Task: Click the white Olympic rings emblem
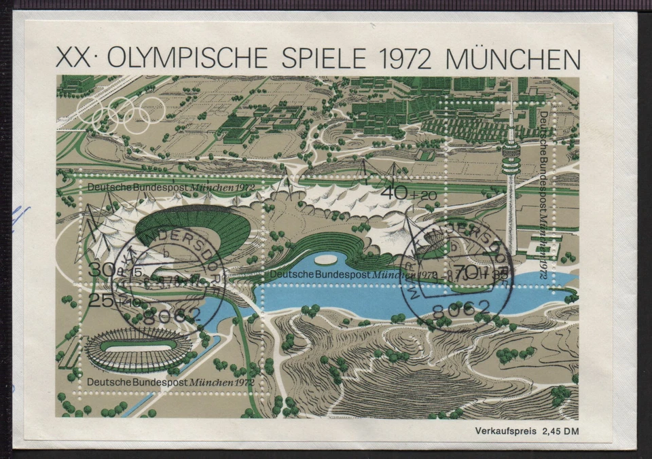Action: coord(122,113)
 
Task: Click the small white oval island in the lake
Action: coord(326,259)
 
